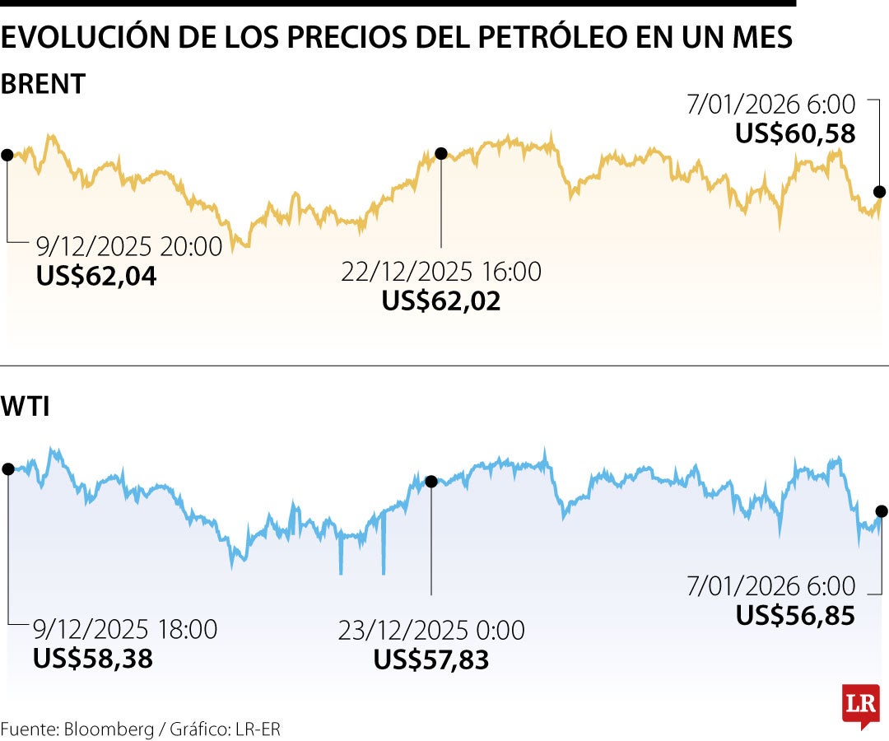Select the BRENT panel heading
43,84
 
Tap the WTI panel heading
26,406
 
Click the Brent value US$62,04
96,276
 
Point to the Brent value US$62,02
440,301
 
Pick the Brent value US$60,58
795,133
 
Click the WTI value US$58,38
92,659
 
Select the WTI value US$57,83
431,659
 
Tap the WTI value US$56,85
795,615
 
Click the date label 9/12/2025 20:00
129,246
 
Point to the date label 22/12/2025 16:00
441,271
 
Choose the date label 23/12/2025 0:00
431,631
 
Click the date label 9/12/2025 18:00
125,630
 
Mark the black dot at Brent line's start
7,155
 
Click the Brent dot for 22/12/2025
440,153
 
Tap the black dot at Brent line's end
879,192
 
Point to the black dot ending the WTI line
882,510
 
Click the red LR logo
861,706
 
